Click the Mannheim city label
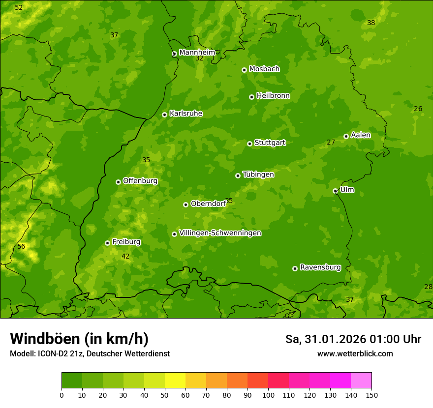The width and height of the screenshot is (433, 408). (197, 53)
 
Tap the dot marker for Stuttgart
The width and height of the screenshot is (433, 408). (249, 144)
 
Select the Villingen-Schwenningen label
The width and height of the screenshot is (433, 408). (220, 233)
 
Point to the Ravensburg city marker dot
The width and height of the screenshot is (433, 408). (295, 268)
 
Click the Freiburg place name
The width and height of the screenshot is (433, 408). (126, 242)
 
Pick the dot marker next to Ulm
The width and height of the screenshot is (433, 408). (335, 191)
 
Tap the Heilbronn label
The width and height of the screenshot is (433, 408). (273, 96)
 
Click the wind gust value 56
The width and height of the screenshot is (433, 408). (21, 246)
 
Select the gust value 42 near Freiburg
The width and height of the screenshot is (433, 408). (125, 256)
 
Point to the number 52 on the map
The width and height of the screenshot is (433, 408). (19, 7)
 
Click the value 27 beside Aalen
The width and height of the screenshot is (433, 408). (331, 142)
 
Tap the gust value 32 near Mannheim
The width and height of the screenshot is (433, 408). (199, 58)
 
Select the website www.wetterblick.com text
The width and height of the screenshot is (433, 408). (355, 353)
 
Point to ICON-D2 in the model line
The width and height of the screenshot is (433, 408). (53, 353)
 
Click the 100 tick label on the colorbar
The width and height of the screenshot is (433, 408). (268, 395)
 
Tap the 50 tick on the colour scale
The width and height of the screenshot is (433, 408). (165, 395)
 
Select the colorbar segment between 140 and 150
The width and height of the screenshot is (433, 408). (361, 380)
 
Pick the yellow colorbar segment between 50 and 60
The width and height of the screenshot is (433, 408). (175, 380)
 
